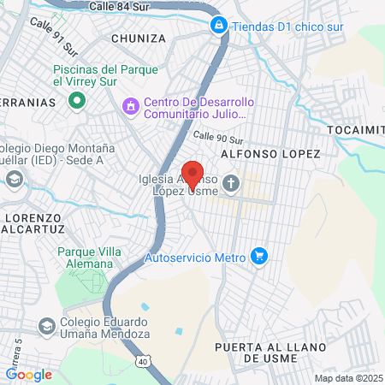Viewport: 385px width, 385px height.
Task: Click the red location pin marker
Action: click(x=192, y=174)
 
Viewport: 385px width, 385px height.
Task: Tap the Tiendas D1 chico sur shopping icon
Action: click(x=219, y=25)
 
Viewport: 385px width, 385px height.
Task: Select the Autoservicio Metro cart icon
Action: click(x=259, y=256)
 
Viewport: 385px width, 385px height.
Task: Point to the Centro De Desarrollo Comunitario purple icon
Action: click(x=130, y=107)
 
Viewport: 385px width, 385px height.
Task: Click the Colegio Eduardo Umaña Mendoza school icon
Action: click(x=46, y=326)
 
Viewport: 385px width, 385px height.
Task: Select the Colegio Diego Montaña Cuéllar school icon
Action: click(x=14, y=180)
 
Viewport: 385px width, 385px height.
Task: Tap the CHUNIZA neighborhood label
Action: click(x=138, y=38)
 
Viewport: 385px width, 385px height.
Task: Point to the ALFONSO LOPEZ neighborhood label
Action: click(x=270, y=153)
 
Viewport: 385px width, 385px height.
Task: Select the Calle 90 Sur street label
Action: click(x=219, y=137)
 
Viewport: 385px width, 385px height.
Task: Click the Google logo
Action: click(x=28, y=374)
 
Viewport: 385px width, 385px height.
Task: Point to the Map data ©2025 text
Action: click(x=348, y=378)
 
